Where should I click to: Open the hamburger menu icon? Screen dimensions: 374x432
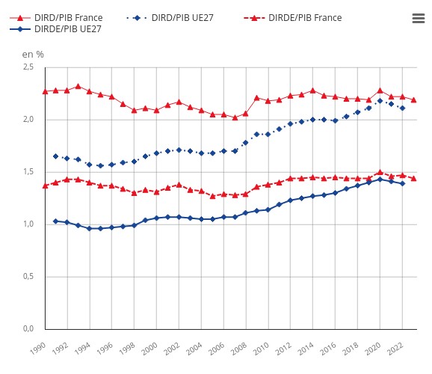pyautogui.click(x=418, y=19)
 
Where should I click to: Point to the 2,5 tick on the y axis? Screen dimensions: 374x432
pyautogui.click(x=28, y=67)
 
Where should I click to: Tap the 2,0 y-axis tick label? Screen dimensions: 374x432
pyautogui.click(x=28, y=120)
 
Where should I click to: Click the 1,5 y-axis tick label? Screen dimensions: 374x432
pyautogui.click(x=28, y=172)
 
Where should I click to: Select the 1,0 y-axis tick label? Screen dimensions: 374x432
pyautogui.click(x=28, y=224)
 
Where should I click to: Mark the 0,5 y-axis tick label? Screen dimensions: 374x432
pyautogui.click(x=28, y=277)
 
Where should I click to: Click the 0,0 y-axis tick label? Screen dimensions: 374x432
pyautogui.click(x=28, y=329)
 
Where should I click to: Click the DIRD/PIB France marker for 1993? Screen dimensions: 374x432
pyautogui.click(x=78, y=86)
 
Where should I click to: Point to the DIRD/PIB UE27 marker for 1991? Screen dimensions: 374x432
pyautogui.click(x=55, y=156)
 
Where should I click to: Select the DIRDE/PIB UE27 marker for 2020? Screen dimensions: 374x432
pyautogui.click(x=380, y=179)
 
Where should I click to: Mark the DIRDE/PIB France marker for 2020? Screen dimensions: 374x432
pyautogui.click(x=380, y=172)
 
